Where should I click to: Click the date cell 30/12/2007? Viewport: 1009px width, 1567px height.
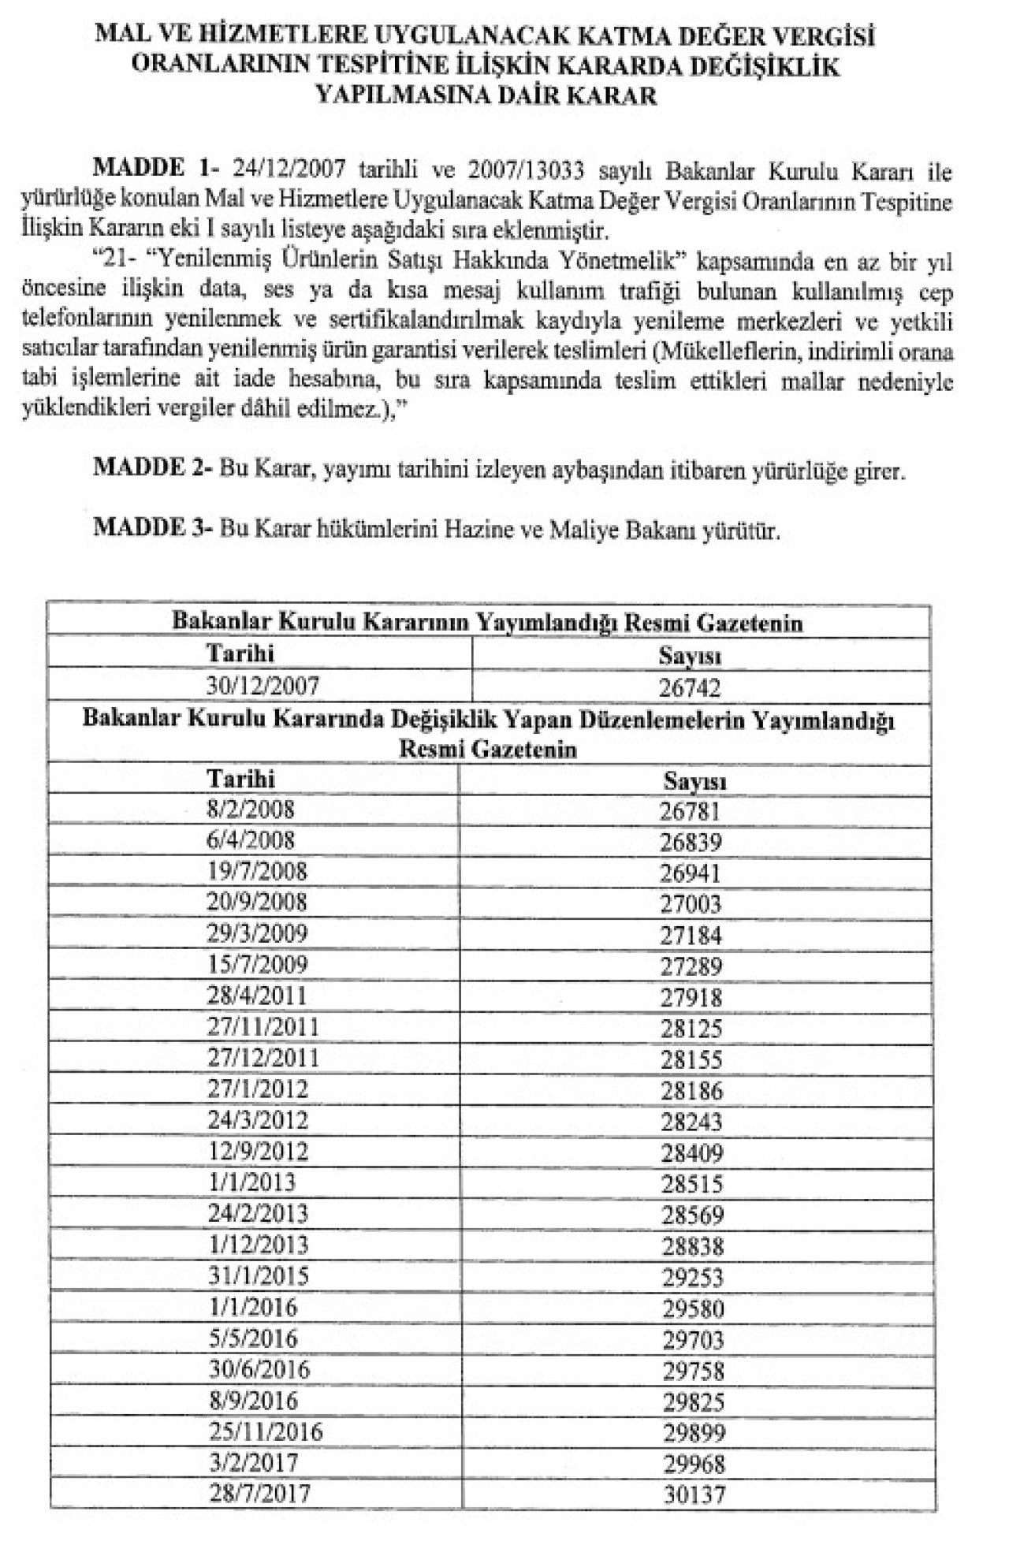(x=262, y=686)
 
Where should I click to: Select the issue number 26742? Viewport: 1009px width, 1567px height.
(x=690, y=688)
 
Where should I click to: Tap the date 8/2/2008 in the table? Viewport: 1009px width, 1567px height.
(x=251, y=810)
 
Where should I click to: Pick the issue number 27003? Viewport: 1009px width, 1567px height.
(x=691, y=904)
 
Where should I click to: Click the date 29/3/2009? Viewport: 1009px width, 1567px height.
(x=257, y=934)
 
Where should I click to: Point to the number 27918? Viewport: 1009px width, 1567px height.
(x=691, y=998)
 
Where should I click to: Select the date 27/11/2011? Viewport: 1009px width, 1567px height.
(x=263, y=1027)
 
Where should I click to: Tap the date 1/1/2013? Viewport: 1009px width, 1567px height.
(x=251, y=1182)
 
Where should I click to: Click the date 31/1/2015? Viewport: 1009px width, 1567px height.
(x=259, y=1276)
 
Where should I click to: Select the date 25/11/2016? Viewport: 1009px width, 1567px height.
(x=266, y=1431)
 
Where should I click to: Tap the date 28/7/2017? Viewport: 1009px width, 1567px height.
(x=259, y=1493)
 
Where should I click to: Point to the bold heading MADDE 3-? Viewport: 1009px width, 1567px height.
(x=153, y=528)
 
